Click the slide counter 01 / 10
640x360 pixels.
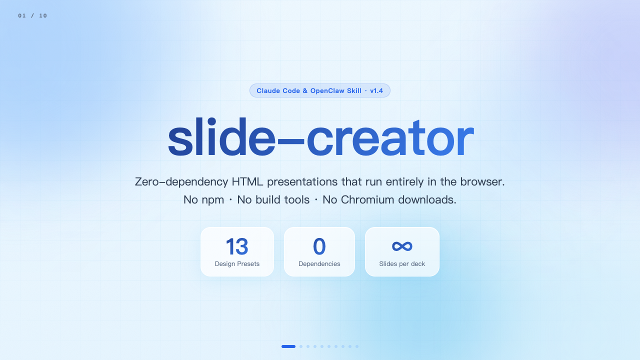[x=32, y=15]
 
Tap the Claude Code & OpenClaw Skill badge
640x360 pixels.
[x=319, y=90]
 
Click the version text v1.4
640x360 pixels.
[x=376, y=91]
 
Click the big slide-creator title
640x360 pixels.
[x=320, y=137]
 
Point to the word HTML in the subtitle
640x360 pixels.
[x=247, y=181]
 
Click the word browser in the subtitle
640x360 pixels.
[x=482, y=181]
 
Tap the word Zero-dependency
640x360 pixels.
[x=181, y=182]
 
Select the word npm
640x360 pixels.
[x=212, y=200]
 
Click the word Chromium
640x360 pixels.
[x=367, y=199]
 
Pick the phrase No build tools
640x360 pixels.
[x=273, y=199]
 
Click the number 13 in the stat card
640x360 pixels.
[x=237, y=246]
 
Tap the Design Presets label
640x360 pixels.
[x=237, y=263]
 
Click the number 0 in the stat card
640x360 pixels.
[x=319, y=246]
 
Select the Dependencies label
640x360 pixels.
[x=319, y=263]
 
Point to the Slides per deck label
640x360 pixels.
[x=402, y=263]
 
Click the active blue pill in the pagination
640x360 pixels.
[x=288, y=346]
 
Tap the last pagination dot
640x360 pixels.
[x=357, y=346]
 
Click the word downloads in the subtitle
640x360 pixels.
[x=427, y=199]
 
